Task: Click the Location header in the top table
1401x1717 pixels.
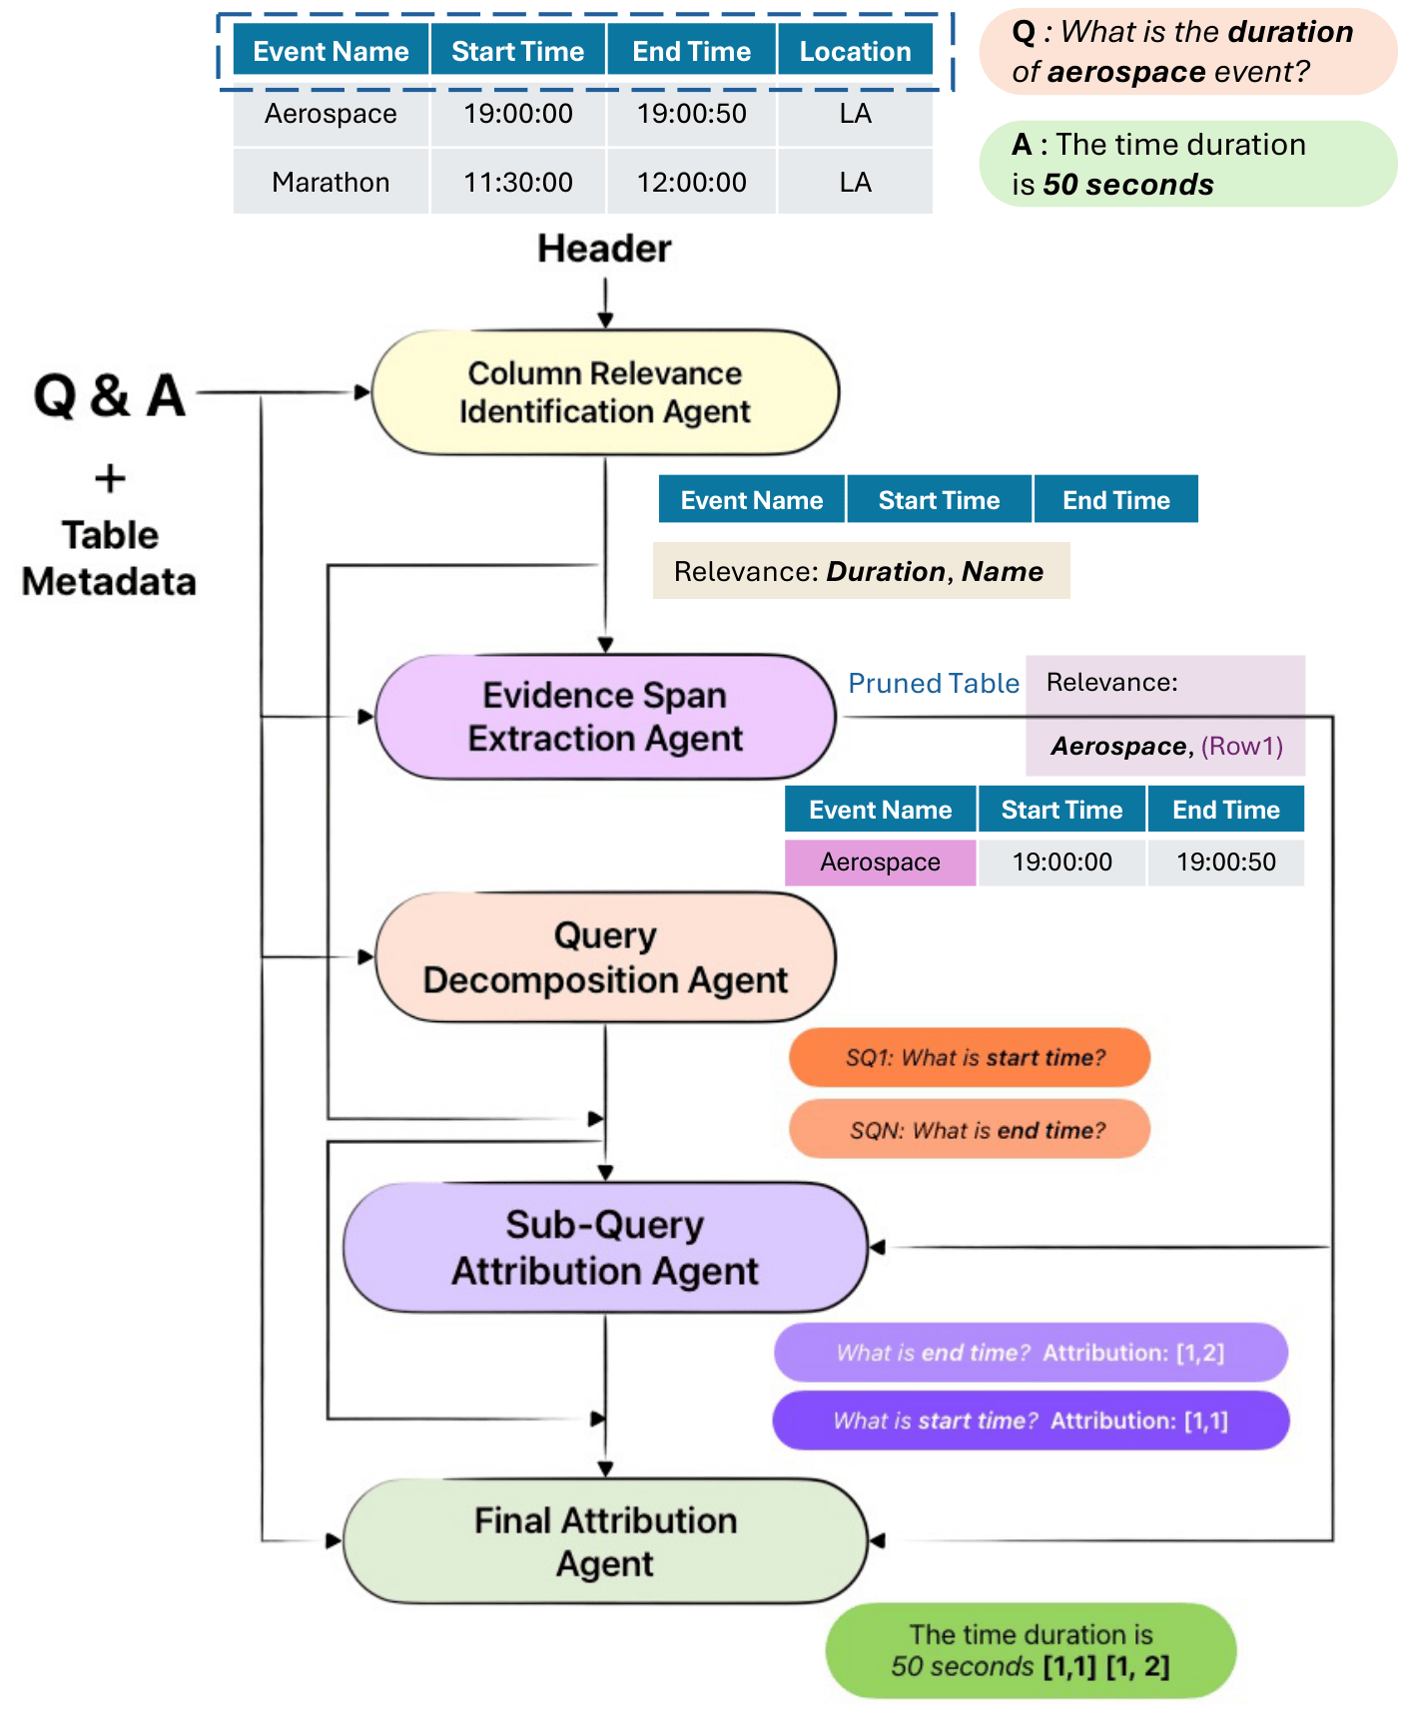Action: coord(855,51)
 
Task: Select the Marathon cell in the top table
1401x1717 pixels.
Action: coord(331,182)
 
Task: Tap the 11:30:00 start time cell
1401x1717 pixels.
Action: coord(517,182)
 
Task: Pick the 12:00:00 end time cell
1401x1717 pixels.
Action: coord(691,182)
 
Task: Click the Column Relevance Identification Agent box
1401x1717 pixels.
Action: coord(605,392)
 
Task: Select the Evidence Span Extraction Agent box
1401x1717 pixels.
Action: coord(605,717)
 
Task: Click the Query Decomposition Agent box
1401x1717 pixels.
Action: coord(605,957)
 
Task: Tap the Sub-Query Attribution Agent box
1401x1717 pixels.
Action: coord(605,1247)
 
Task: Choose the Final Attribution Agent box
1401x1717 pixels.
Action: coord(605,1541)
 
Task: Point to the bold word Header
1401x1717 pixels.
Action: coord(604,249)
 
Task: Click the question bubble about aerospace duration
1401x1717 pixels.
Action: coord(1186,52)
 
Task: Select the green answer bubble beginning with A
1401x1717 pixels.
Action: coord(1186,164)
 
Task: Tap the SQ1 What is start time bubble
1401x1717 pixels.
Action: coord(970,1057)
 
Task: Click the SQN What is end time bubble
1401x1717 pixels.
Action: coord(970,1129)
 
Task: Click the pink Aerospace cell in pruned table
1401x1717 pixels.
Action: coord(880,862)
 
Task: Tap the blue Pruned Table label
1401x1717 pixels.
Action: coord(934,684)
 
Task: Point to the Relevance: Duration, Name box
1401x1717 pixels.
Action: coord(861,571)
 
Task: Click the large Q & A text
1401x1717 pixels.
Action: coord(110,395)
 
